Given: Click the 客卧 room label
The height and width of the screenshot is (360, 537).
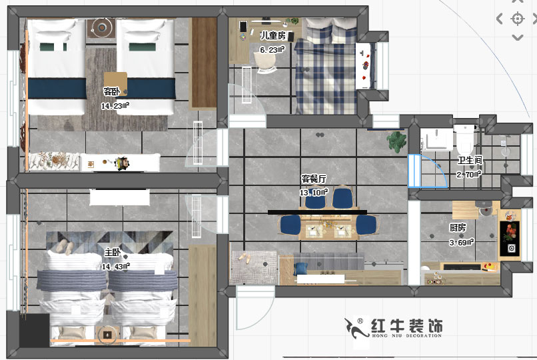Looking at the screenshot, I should tap(112, 92).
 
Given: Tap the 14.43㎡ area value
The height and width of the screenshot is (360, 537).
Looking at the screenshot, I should tap(116, 265).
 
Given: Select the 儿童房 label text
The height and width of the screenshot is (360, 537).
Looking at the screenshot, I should tap(272, 36).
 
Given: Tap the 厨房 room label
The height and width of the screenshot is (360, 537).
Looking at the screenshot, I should tap(457, 228).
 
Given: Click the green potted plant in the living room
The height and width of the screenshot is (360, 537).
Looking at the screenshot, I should tap(398, 141).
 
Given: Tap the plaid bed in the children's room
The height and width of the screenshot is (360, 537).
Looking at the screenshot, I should tap(326, 73).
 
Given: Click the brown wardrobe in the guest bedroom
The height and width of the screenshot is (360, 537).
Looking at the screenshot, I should tap(204, 63).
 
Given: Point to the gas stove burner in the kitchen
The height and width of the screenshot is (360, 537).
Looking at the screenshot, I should tap(511, 249).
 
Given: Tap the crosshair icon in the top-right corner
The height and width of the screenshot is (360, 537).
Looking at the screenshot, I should tap(518, 19).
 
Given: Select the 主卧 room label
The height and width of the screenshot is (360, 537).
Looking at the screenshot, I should tap(113, 253).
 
